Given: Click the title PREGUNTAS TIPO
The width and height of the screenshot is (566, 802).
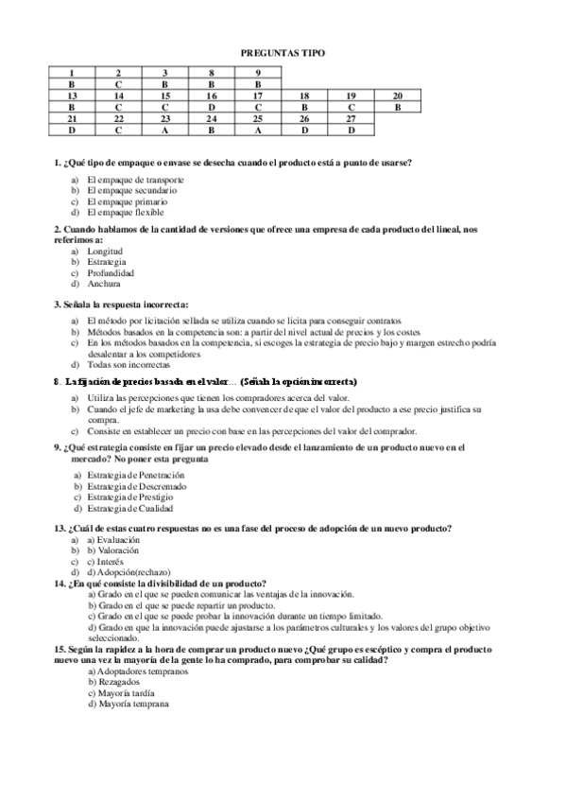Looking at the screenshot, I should (x=283, y=54).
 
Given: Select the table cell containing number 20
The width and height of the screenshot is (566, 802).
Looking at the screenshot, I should (x=398, y=96).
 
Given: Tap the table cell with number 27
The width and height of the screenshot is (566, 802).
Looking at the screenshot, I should (x=351, y=119).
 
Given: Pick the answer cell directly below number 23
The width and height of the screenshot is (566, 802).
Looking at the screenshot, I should (x=164, y=131).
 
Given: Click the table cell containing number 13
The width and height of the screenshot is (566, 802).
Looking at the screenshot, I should (x=72, y=96).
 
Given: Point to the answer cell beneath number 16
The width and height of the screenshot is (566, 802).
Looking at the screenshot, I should (x=212, y=107).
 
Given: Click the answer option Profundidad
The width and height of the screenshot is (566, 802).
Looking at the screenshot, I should (x=111, y=272).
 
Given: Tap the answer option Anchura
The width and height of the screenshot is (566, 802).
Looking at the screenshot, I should (x=104, y=283).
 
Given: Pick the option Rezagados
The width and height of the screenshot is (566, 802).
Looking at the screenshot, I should (x=113, y=682).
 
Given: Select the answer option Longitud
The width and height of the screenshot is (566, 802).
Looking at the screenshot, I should (x=105, y=251).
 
